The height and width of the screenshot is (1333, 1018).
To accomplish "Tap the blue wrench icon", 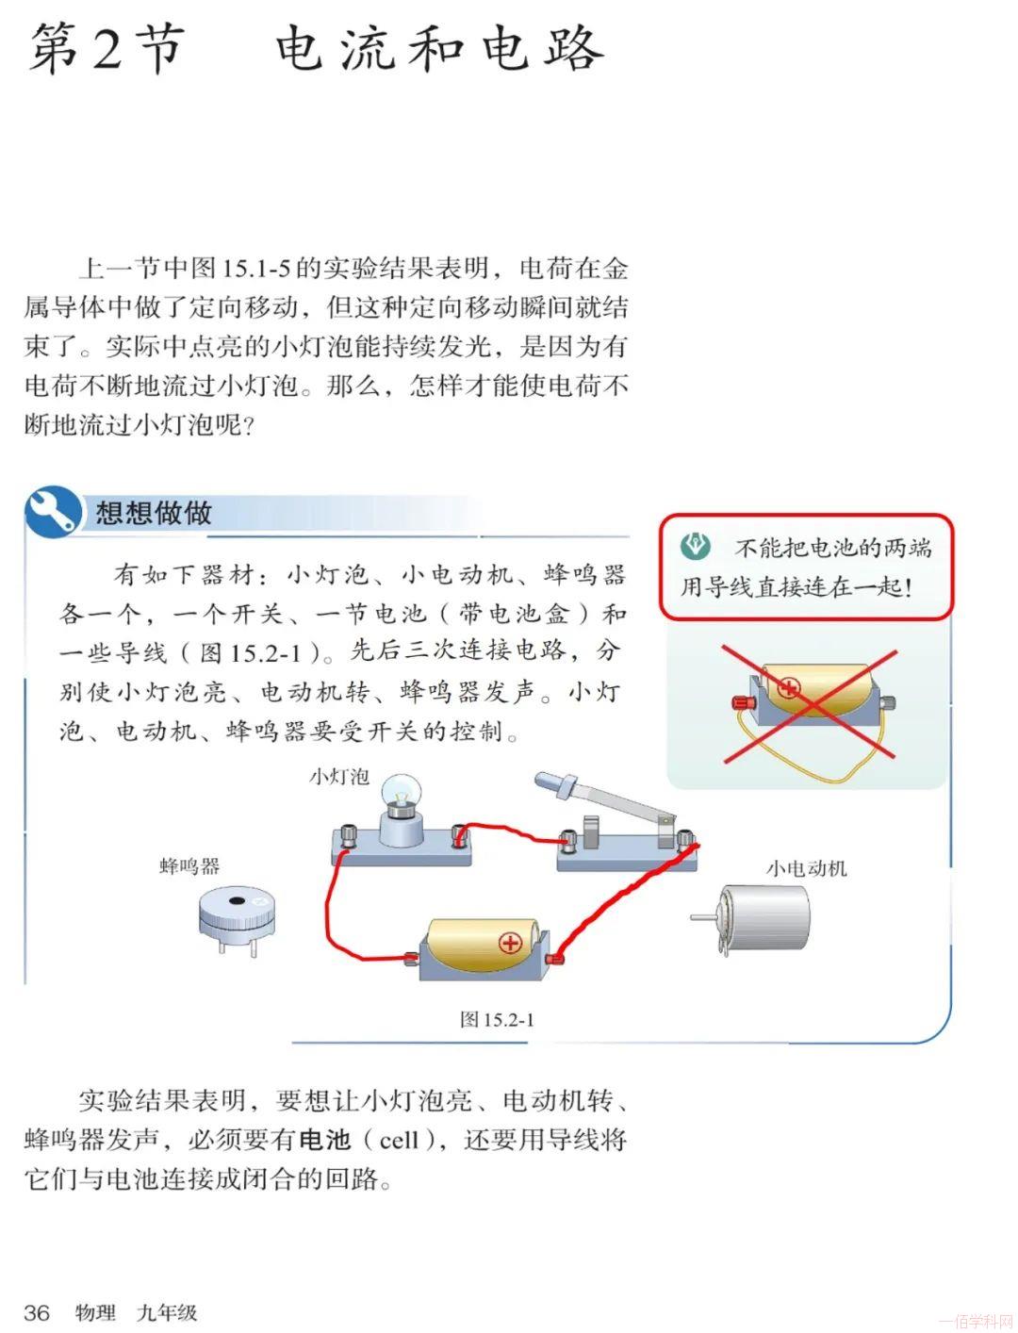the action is pyautogui.click(x=52, y=511).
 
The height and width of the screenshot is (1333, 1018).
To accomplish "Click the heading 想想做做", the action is pyautogui.click(x=153, y=512).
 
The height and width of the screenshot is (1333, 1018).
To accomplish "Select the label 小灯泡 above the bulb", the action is pyautogui.click(x=338, y=776).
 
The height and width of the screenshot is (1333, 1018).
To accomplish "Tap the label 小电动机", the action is pyautogui.click(x=806, y=868).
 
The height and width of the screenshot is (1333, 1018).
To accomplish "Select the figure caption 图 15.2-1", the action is pyautogui.click(x=497, y=1020).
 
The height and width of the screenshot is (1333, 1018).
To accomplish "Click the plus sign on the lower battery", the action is pyautogui.click(x=510, y=942).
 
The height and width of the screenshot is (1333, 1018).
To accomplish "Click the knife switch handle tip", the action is pyautogui.click(x=545, y=780).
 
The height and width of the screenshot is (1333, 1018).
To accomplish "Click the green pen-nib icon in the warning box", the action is pyautogui.click(x=696, y=545).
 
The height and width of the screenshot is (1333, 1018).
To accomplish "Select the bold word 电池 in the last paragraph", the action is pyautogui.click(x=325, y=1140).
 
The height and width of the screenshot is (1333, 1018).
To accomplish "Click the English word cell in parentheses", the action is pyautogui.click(x=400, y=1141).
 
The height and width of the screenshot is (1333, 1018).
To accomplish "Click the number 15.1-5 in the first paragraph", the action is pyautogui.click(x=256, y=268).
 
